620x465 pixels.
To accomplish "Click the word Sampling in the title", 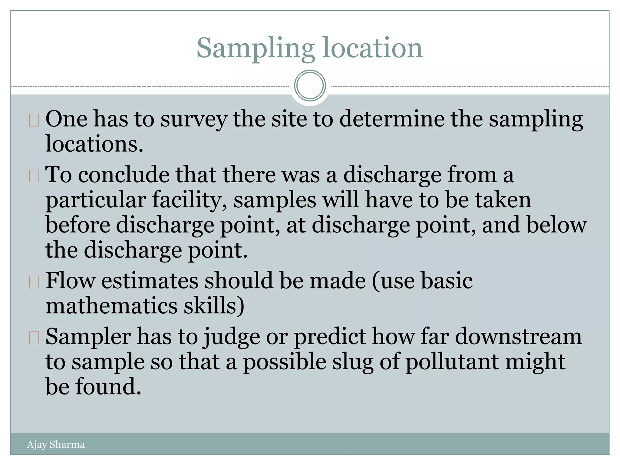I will (x=256, y=48).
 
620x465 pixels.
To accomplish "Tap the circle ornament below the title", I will (x=310, y=86).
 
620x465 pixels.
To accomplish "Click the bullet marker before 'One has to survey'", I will (x=34, y=120).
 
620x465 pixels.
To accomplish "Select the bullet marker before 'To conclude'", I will (x=34, y=176).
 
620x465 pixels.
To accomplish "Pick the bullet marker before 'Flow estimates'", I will (x=34, y=282).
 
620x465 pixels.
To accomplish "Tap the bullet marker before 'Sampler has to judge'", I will (x=34, y=338).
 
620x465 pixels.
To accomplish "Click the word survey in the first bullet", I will (x=193, y=119).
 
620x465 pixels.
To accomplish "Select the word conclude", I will (x=124, y=175).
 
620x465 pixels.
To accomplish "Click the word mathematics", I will (x=111, y=306).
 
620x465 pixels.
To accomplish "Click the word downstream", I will (x=518, y=337).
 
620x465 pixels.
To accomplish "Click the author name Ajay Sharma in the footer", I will (x=56, y=444).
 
